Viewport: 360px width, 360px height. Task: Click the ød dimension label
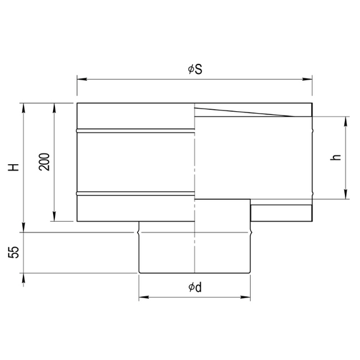click(195, 288)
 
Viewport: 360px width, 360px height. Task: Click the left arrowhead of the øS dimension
click(80, 79)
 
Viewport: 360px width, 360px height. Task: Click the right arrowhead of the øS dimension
click(309, 79)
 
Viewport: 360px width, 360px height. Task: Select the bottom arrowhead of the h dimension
click(346, 195)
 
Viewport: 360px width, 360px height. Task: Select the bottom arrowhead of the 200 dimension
click(55, 218)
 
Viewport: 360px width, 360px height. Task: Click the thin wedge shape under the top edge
click(246, 113)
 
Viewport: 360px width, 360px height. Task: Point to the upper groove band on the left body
click(136, 131)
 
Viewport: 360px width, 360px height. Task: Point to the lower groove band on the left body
click(136, 193)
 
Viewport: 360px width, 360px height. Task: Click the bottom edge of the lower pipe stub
click(195, 273)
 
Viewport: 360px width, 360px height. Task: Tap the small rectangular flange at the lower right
click(281, 213)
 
